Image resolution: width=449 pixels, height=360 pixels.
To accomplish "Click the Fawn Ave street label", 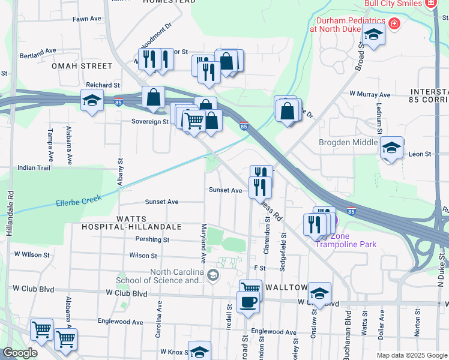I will pos(86,19).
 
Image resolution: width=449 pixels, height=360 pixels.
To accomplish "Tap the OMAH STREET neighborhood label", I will pos(82,66).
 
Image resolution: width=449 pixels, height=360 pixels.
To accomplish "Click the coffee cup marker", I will pos(247,302).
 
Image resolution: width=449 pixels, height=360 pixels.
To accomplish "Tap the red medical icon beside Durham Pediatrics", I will pos(394,24).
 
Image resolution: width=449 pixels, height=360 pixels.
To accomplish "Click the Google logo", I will pos(20,353).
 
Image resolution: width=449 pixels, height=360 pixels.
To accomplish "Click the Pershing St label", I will pos(152,239).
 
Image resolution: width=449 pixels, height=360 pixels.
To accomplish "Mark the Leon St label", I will pos(420,154).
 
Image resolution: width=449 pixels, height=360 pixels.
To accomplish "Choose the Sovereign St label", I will pos(150,121).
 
